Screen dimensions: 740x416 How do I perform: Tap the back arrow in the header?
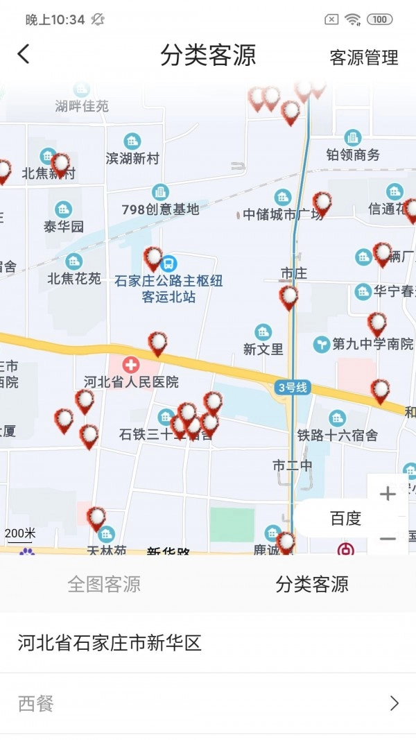[x=24, y=54]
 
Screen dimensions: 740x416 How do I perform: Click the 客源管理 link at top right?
[x=364, y=58]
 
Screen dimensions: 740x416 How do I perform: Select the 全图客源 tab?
[x=104, y=584]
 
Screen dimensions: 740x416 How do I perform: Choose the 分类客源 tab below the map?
[x=312, y=584]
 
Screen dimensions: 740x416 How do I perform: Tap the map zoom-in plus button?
[x=388, y=494]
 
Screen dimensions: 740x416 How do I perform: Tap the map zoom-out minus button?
[x=388, y=538]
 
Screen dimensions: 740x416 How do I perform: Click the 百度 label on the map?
[x=345, y=519]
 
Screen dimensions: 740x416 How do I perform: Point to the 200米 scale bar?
[x=20, y=534]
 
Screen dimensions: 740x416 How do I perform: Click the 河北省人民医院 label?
[x=131, y=382]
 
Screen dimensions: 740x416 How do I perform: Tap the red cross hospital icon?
[x=131, y=364]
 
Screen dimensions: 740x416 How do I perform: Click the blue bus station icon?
[x=168, y=264]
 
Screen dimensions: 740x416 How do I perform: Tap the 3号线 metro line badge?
[x=292, y=388]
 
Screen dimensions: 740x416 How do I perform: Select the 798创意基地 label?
[x=160, y=209]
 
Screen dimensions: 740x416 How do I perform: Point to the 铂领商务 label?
[x=354, y=155]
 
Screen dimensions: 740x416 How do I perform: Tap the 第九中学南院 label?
[x=364, y=343]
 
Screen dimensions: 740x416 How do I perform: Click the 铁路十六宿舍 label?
[x=338, y=436]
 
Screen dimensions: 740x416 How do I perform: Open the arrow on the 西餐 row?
[x=395, y=704]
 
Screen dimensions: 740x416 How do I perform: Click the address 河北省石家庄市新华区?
[x=110, y=643]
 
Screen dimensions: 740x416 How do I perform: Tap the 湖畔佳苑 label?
[x=83, y=106]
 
